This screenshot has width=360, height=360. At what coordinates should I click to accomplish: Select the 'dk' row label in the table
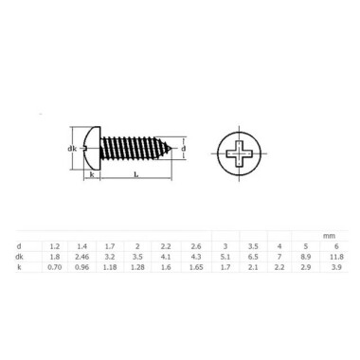point(20,257)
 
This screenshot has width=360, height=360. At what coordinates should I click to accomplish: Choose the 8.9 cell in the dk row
point(306,257)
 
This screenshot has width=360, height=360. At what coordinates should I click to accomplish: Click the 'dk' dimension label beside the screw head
point(71,149)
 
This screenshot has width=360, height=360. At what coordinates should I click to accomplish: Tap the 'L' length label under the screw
point(137,177)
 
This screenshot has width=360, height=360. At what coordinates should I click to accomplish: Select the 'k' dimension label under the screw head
point(91,176)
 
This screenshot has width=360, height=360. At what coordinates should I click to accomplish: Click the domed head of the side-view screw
point(91,149)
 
